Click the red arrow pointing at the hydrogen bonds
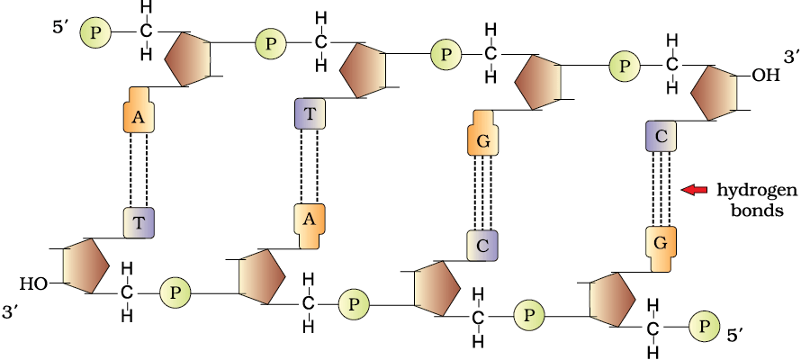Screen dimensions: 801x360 [x=696, y=190]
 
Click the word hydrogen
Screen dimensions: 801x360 [x=757, y=191]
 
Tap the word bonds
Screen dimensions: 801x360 [x=758, y=210]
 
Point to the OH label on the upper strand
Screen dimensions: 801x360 [x=766, y=76]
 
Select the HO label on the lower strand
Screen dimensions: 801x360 [x=35, y=283]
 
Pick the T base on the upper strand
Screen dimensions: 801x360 [x=310, y=113]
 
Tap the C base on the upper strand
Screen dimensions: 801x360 [x=661, y=136]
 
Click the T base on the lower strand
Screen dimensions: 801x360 [x=139, y=222]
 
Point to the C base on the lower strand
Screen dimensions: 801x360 [x=482, y=246]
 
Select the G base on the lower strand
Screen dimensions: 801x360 [x=661, y=249]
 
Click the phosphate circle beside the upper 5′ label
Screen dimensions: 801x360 [x=95, y=33]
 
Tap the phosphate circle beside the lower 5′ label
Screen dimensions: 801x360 [x=705, y=327]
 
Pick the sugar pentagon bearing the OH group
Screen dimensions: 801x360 [x=715, y=93]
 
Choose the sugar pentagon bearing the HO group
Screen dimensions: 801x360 [x=85, y=265]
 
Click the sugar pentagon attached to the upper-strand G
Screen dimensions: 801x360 [x=538, y=82]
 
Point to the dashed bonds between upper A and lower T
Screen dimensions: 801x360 [x=139, y=171]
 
